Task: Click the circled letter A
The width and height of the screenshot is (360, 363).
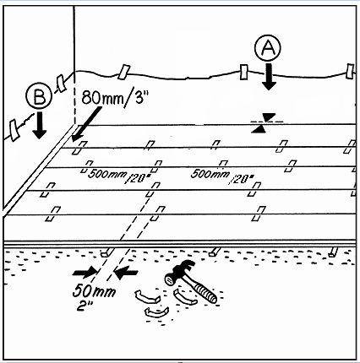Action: pos(268,49)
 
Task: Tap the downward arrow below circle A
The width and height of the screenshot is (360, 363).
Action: pos(268,77)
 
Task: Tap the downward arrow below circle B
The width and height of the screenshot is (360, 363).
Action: pos(40,125)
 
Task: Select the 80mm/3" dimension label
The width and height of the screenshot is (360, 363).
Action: pos(115,98)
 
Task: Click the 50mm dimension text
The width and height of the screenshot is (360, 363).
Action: pos(94,291)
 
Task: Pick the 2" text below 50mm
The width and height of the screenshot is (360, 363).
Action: pos(85,306)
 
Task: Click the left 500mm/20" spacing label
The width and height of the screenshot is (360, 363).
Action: pos(116,176)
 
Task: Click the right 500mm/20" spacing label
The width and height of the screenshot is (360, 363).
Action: pos(222,176)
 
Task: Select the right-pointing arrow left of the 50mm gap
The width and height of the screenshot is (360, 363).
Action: pos(85,273)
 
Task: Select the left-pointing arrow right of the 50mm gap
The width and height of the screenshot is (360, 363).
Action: pos(126,273)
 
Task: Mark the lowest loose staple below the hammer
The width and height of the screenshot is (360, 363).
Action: pos(156,312)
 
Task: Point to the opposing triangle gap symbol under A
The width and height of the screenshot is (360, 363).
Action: pos(265,122)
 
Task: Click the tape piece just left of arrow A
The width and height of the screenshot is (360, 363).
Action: pos(244,72)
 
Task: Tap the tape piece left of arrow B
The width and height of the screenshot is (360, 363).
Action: pos(14,129)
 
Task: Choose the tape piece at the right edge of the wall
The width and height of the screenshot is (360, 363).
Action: pos(350,72)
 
